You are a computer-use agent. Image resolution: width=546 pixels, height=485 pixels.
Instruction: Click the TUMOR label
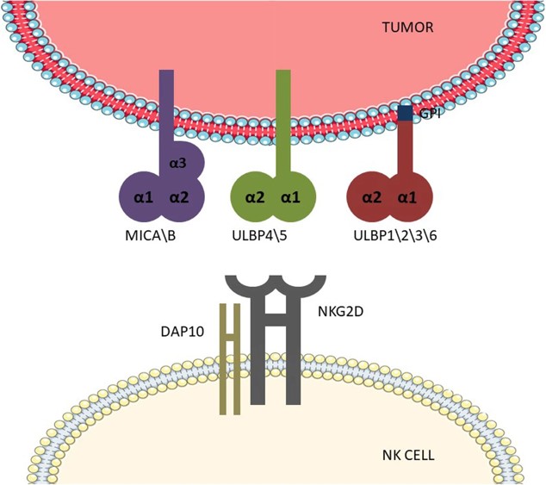coord(408,28)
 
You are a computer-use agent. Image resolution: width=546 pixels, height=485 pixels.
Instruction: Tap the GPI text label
coord(428,113)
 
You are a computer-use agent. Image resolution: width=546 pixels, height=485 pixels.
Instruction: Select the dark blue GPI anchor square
coord(405,112)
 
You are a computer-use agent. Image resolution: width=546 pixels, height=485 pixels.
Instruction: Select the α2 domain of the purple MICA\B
coord(178,197)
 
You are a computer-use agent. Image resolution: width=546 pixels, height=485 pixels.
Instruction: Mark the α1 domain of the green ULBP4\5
coord(290,197)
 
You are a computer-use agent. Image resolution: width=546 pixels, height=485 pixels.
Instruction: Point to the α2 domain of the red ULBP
coord(371,197)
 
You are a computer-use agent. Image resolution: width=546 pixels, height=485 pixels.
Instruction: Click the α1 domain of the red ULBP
coord(406,197)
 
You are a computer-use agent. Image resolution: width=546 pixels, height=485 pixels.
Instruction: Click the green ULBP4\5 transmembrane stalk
coord(282,121)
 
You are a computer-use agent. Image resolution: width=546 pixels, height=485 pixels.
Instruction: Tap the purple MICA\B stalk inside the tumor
coord(167,103)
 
